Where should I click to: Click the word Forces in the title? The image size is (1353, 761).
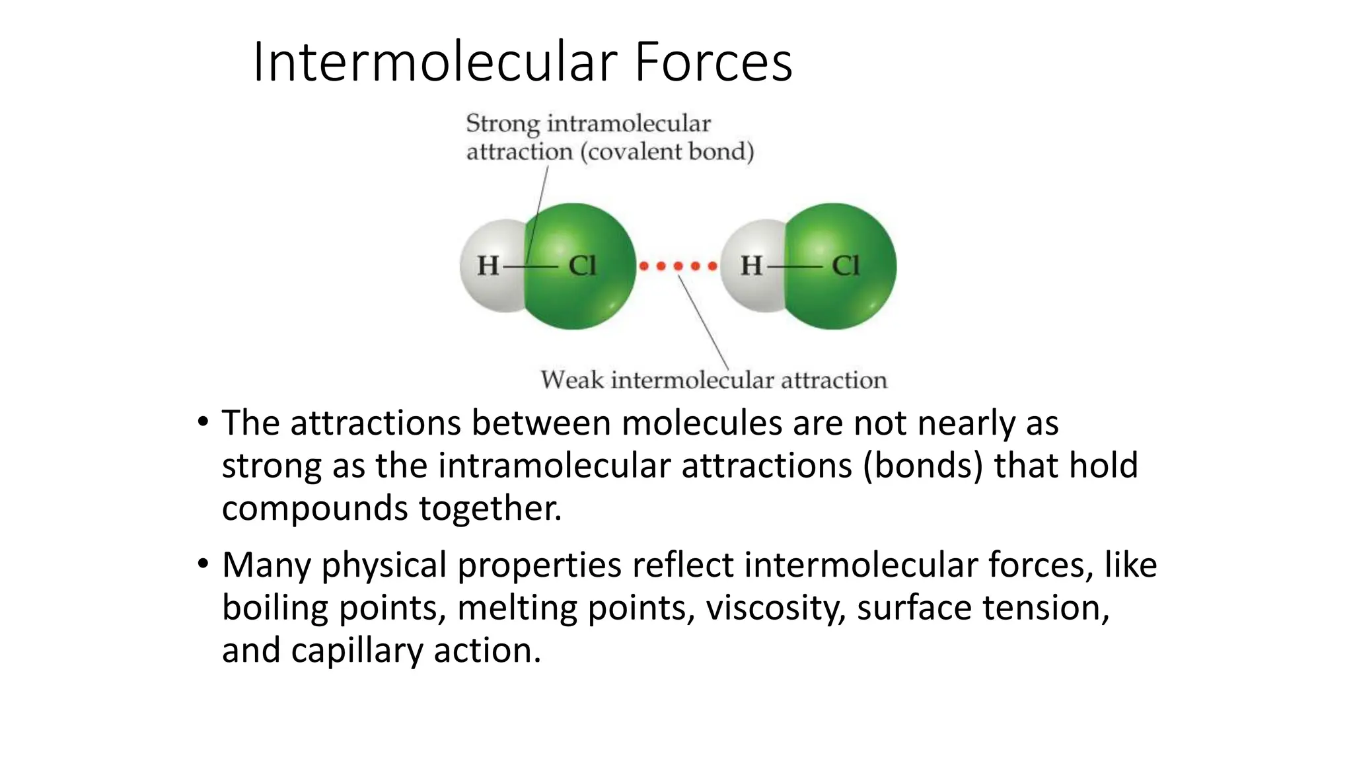click(713, 62)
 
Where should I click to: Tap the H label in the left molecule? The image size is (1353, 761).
click(488, 266)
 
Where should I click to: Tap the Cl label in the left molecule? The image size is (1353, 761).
click(582, 266)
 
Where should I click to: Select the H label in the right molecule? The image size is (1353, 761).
click(751, 266)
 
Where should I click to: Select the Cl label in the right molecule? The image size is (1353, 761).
click(845, 266)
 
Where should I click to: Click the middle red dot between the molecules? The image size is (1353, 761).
click(678, 266)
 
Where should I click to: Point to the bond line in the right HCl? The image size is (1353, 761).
click(795, 267)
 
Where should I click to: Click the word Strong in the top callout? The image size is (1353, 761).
click(503, 124)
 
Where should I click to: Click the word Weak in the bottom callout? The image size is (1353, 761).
click(572, 380)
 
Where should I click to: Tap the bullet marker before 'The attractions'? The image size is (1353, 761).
click(203, 421)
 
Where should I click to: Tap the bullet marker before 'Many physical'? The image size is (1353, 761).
click(203, 563)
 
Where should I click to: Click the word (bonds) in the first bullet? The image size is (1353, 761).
click(923, 466)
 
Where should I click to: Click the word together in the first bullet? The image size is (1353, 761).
click(490, 509)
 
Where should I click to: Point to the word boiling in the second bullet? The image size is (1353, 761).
click(275, 608)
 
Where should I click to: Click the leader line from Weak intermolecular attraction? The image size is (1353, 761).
click(704, 324)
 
